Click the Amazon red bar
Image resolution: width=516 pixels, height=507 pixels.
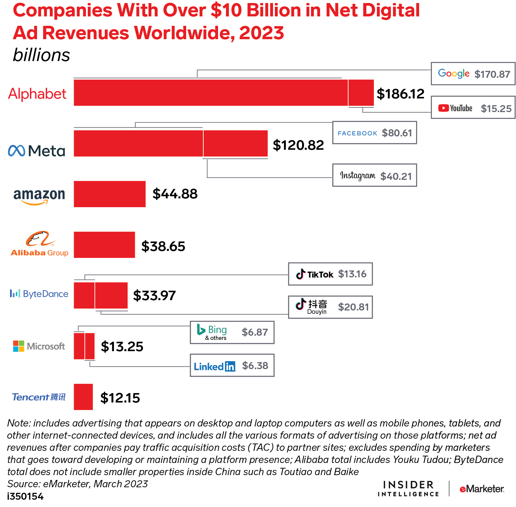click(x=110, y=194)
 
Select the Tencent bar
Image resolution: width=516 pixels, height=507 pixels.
click(x=83, y=397)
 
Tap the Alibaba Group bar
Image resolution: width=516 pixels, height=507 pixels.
click(x=104, y=245)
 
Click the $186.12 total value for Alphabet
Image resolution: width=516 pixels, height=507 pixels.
click(x=400, y=94)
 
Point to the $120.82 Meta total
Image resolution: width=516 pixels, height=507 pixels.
click(x=298, y=145)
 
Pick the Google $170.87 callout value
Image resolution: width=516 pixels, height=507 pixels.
click(x=492, y=74)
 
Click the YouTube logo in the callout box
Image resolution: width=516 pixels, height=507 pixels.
click(x=455, y=108)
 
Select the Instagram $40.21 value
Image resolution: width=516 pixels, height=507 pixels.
click(x=396, y=176)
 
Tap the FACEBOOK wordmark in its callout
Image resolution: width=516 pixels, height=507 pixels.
click(x=357, y=133)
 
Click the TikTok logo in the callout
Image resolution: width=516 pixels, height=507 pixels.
click(x=315, y=274)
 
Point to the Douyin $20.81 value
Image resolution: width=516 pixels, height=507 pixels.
click(x=353, y=307)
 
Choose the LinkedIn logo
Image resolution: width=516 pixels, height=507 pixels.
click(x=214, y=366)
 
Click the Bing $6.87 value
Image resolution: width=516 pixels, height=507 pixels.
click(x=255, y=332)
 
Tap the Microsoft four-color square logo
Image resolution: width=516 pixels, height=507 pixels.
click(x=19, y=346)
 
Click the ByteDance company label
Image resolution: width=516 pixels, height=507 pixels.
click(x=39, y=294)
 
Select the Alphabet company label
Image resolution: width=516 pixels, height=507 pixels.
click(x=37, y=94)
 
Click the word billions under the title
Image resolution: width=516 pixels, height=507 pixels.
click(x=41, y=55)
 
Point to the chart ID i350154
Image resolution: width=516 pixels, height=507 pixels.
click(x=25, y=496)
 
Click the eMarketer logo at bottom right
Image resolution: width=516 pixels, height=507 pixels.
click(x=482, y=489)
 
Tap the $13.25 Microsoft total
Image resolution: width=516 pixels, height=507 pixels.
click(x=122, y=347)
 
